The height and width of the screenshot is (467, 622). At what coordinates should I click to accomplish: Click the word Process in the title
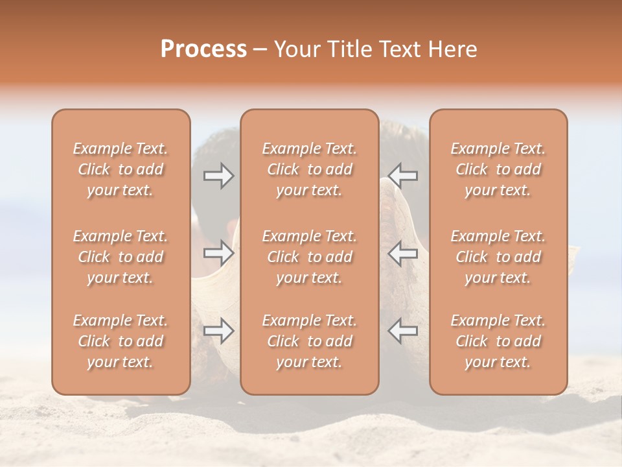click(203, 49)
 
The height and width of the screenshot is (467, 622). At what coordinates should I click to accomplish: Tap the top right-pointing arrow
click(219, 176)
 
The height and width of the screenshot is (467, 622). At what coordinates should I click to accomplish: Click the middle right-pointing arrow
click(219, 252)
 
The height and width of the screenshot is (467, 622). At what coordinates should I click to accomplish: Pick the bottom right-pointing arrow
click(219, 331)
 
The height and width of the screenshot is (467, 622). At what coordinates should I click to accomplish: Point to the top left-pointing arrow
click(403, 176)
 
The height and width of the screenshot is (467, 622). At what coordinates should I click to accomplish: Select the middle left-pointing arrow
click(403, 253)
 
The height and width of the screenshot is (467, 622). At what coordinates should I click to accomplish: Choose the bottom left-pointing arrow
click(403, 331)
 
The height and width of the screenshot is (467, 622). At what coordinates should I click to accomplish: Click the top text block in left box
click(121, 169)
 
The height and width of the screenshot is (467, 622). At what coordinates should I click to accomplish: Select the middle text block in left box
click(121, 257)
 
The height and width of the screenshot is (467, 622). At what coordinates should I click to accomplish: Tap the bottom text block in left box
click(121, 341)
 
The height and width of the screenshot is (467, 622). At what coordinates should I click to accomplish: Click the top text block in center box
click(310, 169)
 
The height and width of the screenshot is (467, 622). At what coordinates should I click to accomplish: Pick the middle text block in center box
click(310, 257)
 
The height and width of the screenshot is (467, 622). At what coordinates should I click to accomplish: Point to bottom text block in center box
click(310, 341)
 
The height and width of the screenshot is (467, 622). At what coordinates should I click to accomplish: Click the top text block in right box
click(498, 169)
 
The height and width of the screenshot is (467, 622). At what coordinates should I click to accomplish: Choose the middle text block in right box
click(498, 257)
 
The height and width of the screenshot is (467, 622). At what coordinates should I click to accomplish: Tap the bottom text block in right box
click(498, 341)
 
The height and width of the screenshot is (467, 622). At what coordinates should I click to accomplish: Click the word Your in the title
click(299, 49)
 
